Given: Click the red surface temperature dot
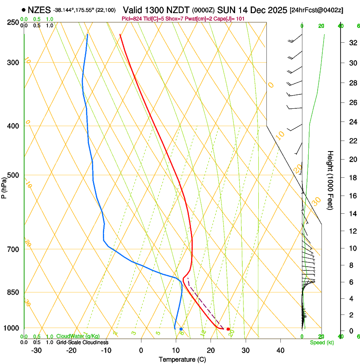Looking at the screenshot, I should pyautogui.click(x=228, y=329).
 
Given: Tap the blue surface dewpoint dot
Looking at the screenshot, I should pyautogui.click(x=181, y=329).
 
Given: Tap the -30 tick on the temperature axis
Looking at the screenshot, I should pyautogui.click(x=36, y=350).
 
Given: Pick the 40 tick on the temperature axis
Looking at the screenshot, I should pyautogui.click(x=280, y=350).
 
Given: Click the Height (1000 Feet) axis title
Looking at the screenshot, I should pyautogui.click(x=330, y=180).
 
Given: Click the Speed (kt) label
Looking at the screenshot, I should pyautogui.click(x=321, y=342).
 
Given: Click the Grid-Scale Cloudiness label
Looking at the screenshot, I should pyautogui.click(x=82, y=342).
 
